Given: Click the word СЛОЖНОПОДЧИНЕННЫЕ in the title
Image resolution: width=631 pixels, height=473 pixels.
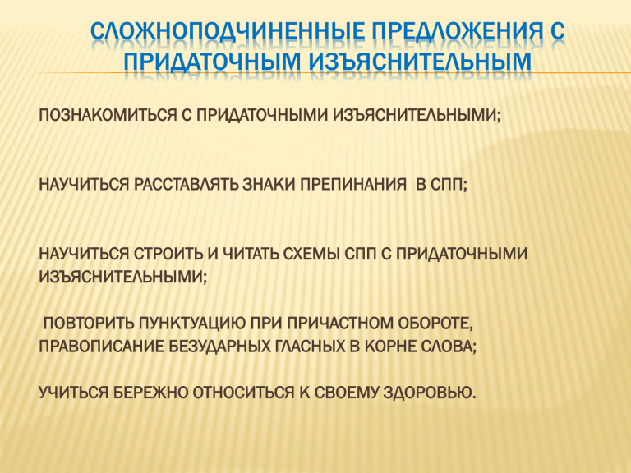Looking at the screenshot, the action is [x=228, y=31].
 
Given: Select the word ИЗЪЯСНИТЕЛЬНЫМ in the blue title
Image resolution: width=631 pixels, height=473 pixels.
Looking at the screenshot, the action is [x=421, y=62].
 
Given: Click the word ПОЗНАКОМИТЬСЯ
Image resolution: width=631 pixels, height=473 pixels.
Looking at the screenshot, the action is [x=108, y=116].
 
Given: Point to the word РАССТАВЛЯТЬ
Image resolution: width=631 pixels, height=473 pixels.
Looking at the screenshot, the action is [x=187, y=185].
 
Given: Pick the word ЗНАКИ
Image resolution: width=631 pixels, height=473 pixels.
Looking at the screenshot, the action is [x=269, y=185].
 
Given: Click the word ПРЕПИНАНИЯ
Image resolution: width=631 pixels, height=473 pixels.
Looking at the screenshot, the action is [x=353, y=185].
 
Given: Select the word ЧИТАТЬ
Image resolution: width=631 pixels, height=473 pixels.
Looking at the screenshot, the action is [x=251, y=255].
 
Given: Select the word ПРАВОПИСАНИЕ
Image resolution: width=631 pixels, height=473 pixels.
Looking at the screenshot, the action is [x=101, y=347].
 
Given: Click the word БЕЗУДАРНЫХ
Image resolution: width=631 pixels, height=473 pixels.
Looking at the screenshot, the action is [x=219, y=347].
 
